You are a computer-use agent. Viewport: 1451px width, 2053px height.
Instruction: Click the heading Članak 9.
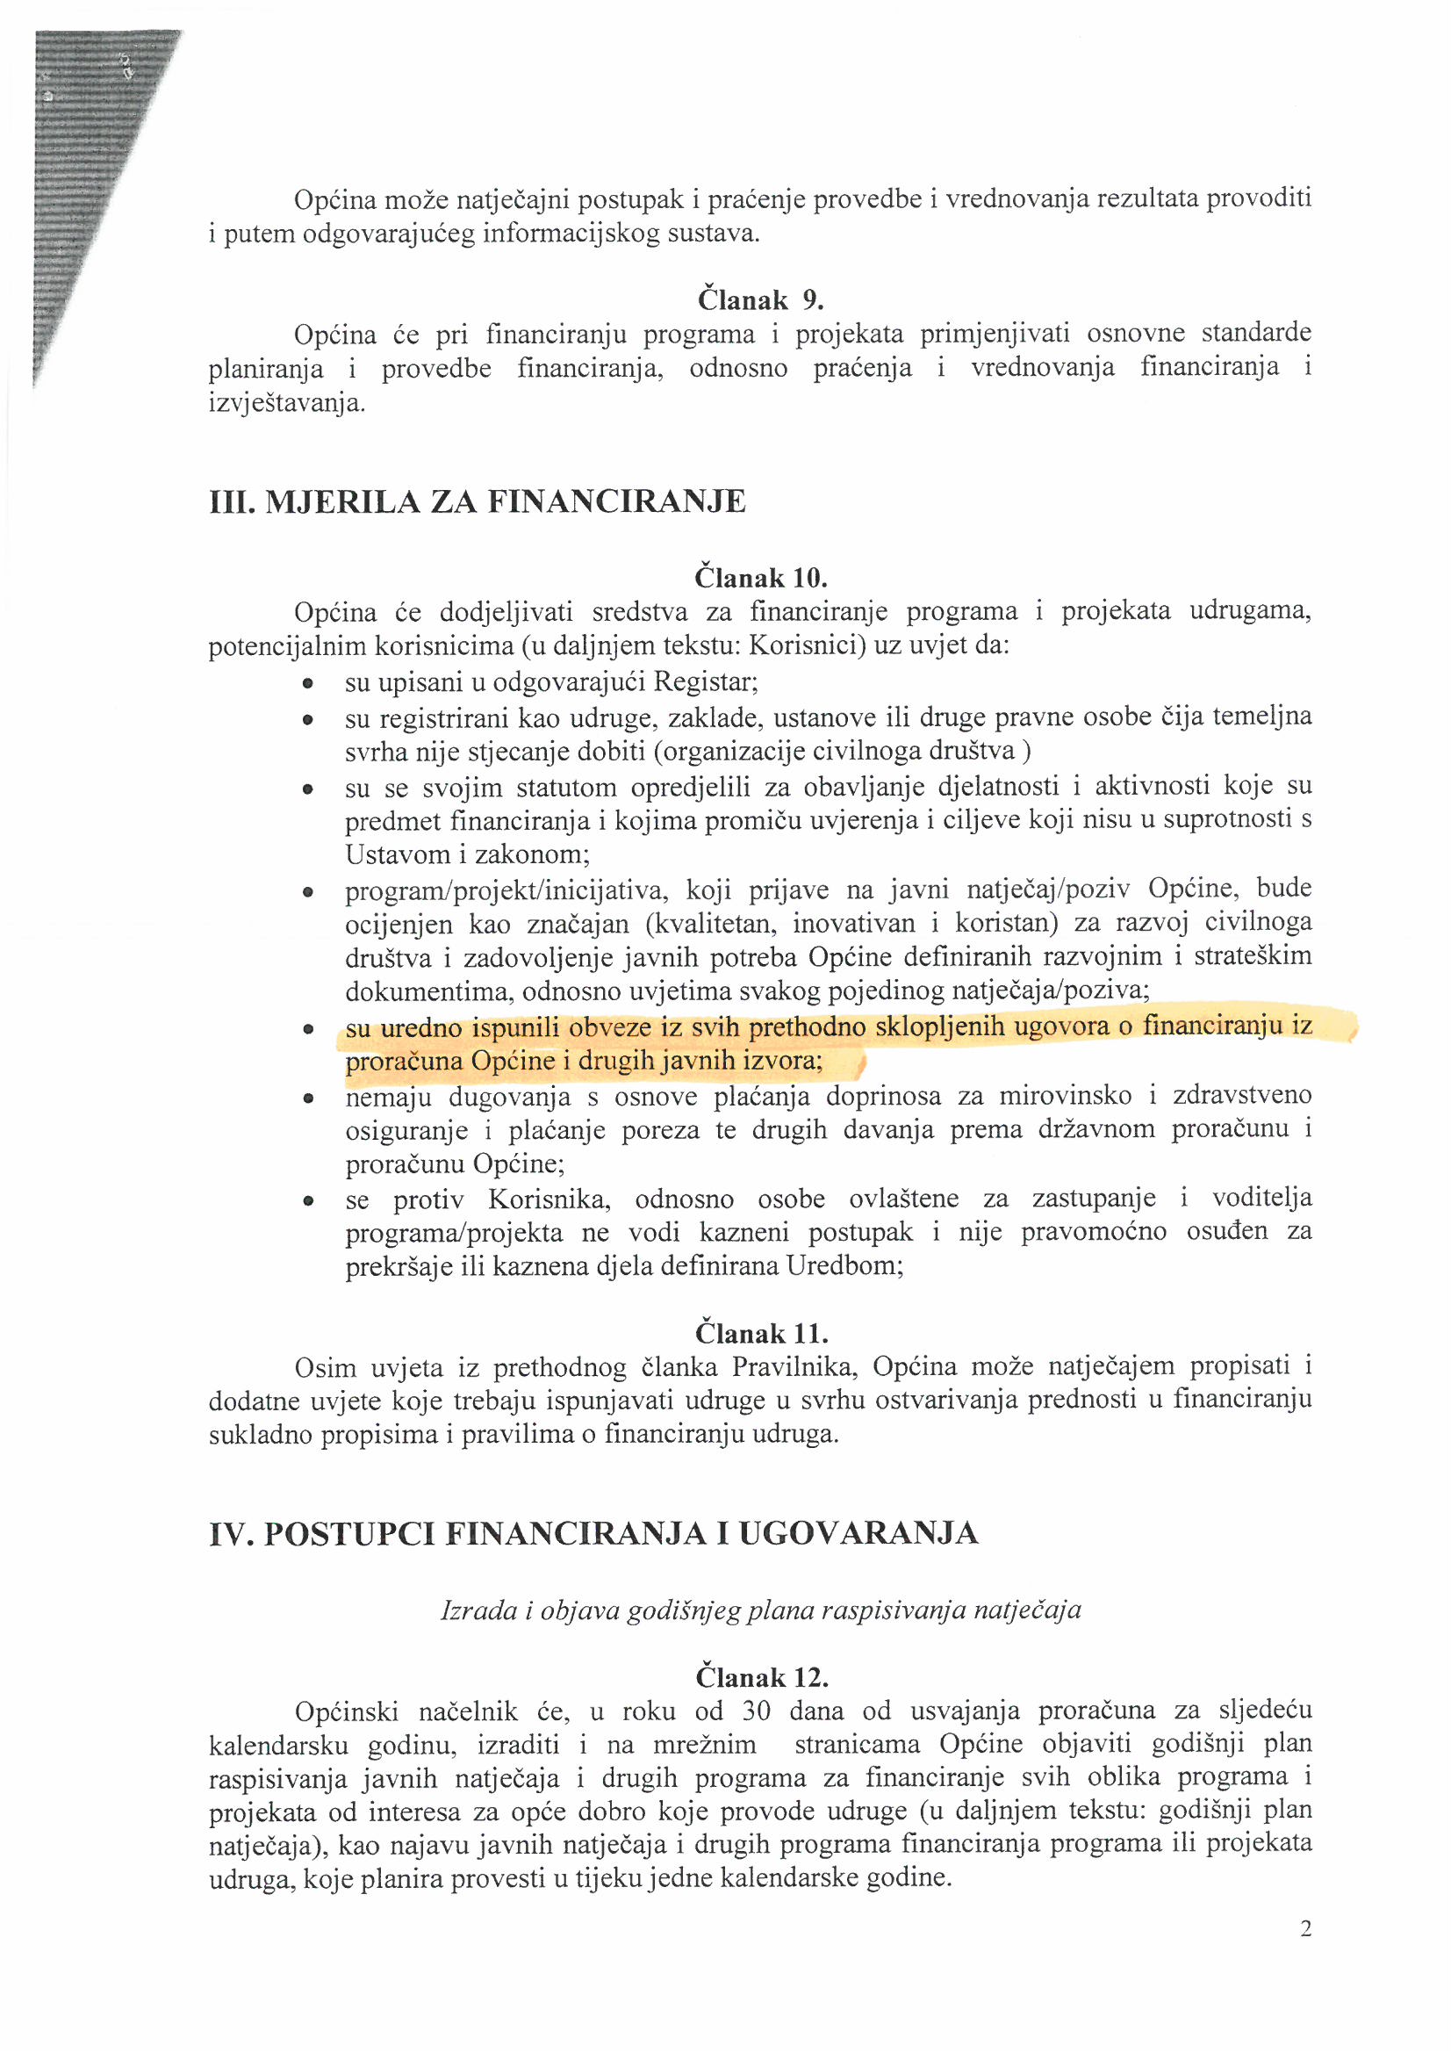(760, 299)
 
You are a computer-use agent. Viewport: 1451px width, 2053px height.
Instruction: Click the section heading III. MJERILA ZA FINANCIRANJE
(477, 501)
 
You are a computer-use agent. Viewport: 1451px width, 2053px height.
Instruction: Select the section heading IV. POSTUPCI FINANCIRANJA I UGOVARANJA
(593, 1533)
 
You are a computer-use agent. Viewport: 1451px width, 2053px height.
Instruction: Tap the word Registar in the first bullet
(706, 682)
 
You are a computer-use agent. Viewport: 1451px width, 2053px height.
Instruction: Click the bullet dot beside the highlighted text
(307, 1029)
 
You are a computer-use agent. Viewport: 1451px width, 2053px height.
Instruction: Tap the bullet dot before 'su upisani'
(307, 684)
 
